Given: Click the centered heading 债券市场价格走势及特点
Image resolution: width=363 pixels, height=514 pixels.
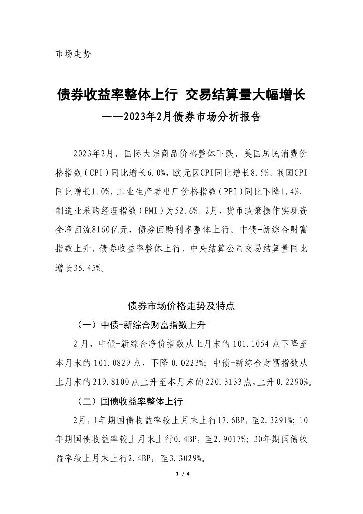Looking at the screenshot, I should pos(181,305).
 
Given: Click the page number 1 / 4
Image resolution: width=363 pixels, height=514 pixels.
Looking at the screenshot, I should pos(181,474).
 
